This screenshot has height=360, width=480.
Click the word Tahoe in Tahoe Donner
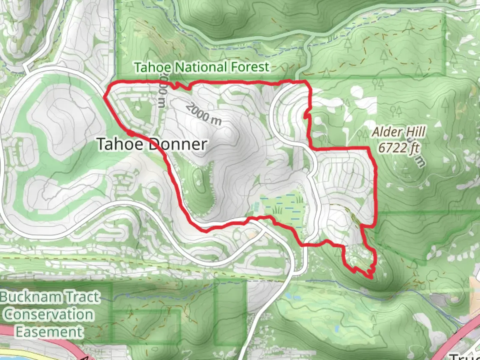[x=121, y=144]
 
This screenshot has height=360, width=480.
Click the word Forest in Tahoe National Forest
[x=250, y=67]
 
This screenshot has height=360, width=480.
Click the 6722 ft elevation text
[x=399, y=147]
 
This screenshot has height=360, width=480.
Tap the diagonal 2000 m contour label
[x=203, y=114]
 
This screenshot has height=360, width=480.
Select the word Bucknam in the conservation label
[x=32, y=297]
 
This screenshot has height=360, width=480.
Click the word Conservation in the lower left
[x=49, y=314]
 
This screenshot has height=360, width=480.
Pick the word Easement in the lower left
[x=49, y=332]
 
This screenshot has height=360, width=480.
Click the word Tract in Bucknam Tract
[x=83, y=297]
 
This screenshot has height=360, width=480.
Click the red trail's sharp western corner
[x=105, y=97]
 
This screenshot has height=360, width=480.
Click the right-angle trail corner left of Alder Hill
[x=311, y=148]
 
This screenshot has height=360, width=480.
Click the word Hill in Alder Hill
[x=415, y=132]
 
